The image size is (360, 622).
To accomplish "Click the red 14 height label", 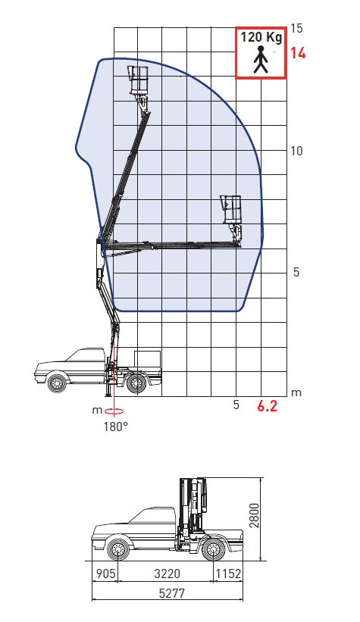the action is coord(298,53).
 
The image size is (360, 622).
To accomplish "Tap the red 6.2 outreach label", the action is coord(267,406).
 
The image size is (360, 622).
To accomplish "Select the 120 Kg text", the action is coord(261,37).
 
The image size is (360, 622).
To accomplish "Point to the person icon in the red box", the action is coord(261,60).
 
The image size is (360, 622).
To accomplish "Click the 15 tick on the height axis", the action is coord(296,28).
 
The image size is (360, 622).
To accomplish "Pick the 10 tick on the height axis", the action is coord(296,151).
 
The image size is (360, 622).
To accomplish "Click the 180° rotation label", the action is coord(115,427).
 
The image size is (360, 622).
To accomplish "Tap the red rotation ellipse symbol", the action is coord(114,411).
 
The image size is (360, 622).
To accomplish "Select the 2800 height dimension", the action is coord(254,515).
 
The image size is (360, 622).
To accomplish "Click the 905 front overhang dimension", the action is coord(105,574).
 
